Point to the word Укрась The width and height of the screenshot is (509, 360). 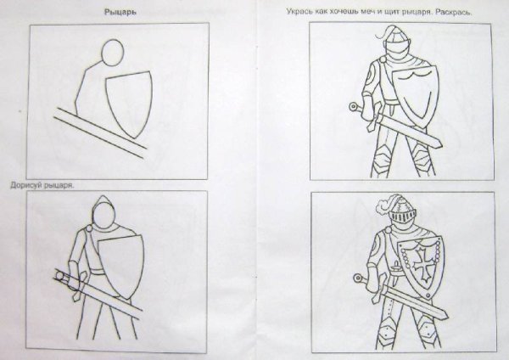pyautogui.click(x=298, y=14)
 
